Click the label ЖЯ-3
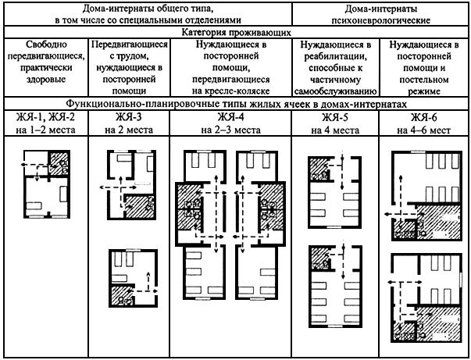coord(128,116)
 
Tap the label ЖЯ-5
coord(337,116)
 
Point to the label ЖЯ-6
coord(423,116)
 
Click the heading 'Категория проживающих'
coord(235,34)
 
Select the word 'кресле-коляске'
coord(231,92)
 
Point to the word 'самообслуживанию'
coord(337,92)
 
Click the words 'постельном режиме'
coord(423,87)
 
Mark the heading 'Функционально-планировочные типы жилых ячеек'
coord(235,105)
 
